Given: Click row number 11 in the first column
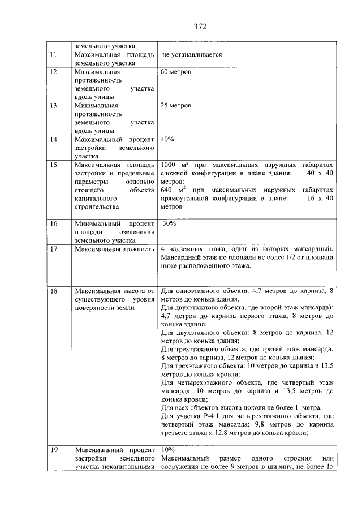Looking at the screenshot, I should click(x=54, y=55).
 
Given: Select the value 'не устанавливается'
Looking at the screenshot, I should click(x=191, y=55).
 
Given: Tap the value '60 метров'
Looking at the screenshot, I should click(x=176, y=73).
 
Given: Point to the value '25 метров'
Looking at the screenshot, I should click(x=176, y=106).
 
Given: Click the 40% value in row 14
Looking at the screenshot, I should click(x=167, y=139).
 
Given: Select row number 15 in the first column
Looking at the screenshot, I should click(x=54, y=165).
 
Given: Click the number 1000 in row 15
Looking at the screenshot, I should click(x=170, y=165).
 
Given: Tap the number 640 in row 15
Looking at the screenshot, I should click(x=169, y=191).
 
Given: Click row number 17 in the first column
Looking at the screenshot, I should click(x=54, y=249).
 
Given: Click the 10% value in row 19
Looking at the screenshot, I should click(x=167, y=449).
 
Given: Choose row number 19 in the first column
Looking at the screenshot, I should click(x=54, y=449).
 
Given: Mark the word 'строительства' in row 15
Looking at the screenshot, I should click(x=96, y=208).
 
